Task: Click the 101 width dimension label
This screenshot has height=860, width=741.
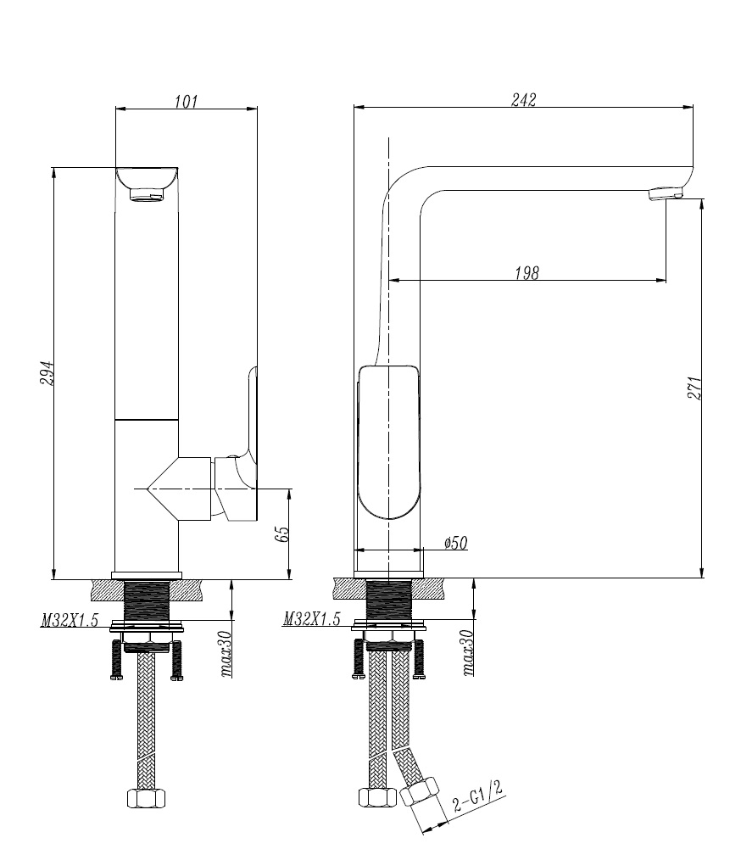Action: pyautogui.click(x=186, y=101)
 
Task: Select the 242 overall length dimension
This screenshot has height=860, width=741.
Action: pyautogui.click(x=523, y=99)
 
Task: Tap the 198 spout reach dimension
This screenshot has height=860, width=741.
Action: pyautogui.click(x=526, y=273)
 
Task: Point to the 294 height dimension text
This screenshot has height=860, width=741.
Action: pyautogui.click(x=47, y=373)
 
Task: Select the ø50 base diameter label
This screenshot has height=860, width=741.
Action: pyautogui.click(x=456, y=544)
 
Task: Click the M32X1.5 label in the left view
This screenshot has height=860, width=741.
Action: pyautogui.click(x=70, y=621)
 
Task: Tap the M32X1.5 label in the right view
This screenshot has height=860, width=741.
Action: pyautogui.click(x=312, y=621)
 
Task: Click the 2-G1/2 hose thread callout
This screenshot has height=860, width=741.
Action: pyautogui.click(x=478, y=799)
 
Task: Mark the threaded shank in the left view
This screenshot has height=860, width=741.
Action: pyautogui.click(x=147, y=601)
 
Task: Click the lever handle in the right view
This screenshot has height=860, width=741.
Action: pyautogui.click(x=388, y=441)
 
